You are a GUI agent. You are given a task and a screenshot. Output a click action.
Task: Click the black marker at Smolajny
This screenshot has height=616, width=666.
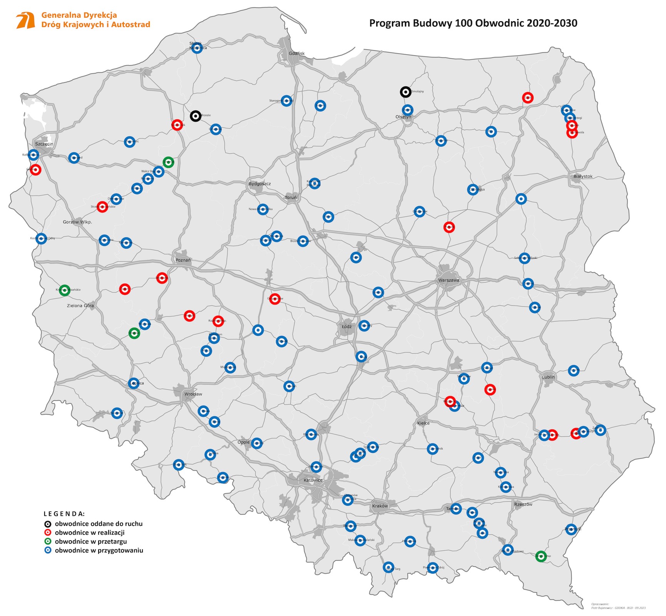405,92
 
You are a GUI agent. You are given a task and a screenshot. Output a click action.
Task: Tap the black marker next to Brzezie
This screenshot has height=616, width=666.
196,116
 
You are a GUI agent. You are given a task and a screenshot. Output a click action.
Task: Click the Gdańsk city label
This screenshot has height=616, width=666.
296,54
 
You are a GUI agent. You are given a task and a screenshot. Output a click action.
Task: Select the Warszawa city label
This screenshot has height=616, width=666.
448,280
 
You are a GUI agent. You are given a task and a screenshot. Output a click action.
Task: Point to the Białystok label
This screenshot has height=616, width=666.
583,176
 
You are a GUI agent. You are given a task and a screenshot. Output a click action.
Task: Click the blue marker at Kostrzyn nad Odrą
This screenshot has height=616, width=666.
41,238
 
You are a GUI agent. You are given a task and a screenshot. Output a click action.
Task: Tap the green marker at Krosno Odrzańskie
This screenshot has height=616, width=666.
65,290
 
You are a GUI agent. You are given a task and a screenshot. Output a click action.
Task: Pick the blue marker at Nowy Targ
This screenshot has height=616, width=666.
389,567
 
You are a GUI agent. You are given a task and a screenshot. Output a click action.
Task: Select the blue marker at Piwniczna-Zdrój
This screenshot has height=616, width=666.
433,568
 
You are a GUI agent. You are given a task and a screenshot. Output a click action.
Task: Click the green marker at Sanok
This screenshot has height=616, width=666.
541,556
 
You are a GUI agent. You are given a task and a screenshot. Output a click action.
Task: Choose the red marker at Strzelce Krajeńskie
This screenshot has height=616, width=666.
102,206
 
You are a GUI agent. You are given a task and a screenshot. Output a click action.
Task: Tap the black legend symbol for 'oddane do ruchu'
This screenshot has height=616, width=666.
47,524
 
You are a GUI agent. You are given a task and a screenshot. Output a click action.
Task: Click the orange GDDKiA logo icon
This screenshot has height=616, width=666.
25,20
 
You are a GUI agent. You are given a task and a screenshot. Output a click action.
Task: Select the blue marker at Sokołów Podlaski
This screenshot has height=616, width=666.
524,258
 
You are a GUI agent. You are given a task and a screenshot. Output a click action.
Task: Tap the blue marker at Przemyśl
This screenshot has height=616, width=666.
571,529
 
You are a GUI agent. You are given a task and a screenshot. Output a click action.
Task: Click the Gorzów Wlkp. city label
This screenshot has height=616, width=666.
77,222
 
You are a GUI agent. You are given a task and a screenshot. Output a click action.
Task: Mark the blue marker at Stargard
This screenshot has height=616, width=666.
74,157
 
